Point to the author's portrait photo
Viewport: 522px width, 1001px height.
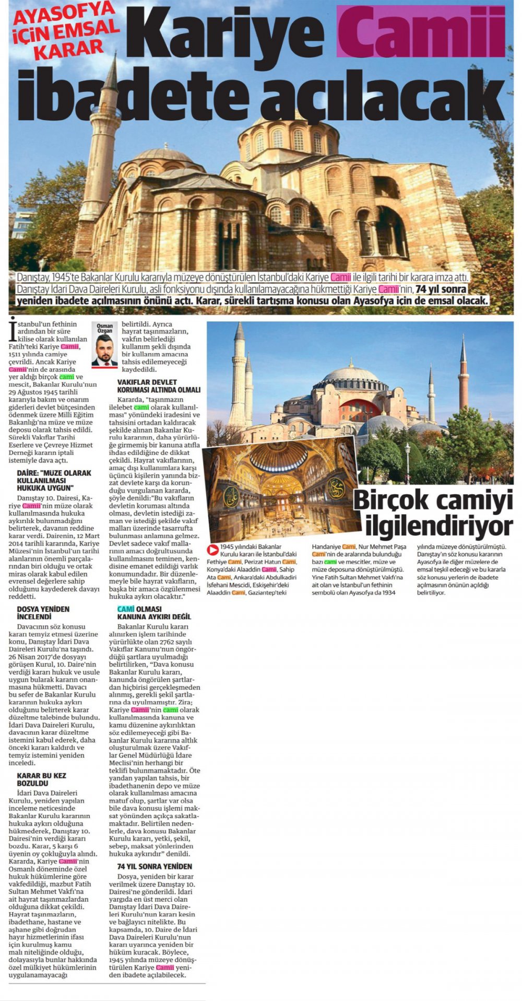(x=104, y=350)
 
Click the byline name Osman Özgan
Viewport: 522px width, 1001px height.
(x=104, y=328)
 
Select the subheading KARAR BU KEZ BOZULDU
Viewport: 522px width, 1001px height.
(x=42, y=779)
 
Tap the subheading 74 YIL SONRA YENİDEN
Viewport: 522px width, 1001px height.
(x=155, y=866)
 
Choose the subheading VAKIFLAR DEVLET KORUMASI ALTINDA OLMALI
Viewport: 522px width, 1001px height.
(x=159, y=386)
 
